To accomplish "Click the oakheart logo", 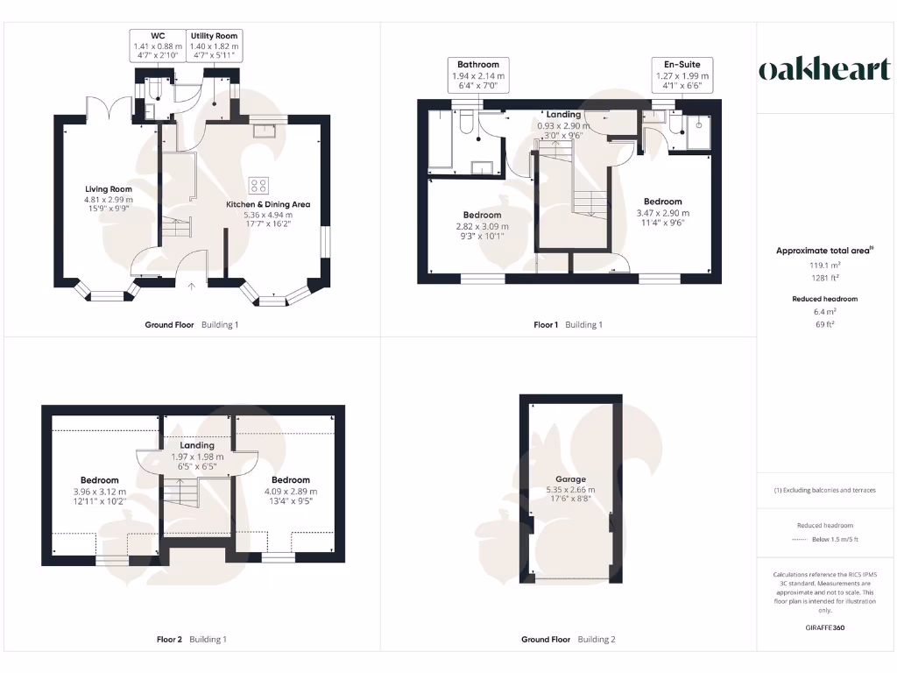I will click(823, 70).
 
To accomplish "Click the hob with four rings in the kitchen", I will click(259, 184).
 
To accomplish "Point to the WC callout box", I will click(158, 46).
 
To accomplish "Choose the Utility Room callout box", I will click(215, 46).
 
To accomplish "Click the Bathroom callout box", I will click(478, 74).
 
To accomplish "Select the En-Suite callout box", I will click(682, 74).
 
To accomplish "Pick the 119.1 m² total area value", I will click(823, 264).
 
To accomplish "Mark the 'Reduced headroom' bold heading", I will click(823, 299).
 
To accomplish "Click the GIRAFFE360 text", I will click(823, 627).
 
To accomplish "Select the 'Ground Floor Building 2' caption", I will click(569, 640).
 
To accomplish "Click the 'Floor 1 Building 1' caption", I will click(569, 325).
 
